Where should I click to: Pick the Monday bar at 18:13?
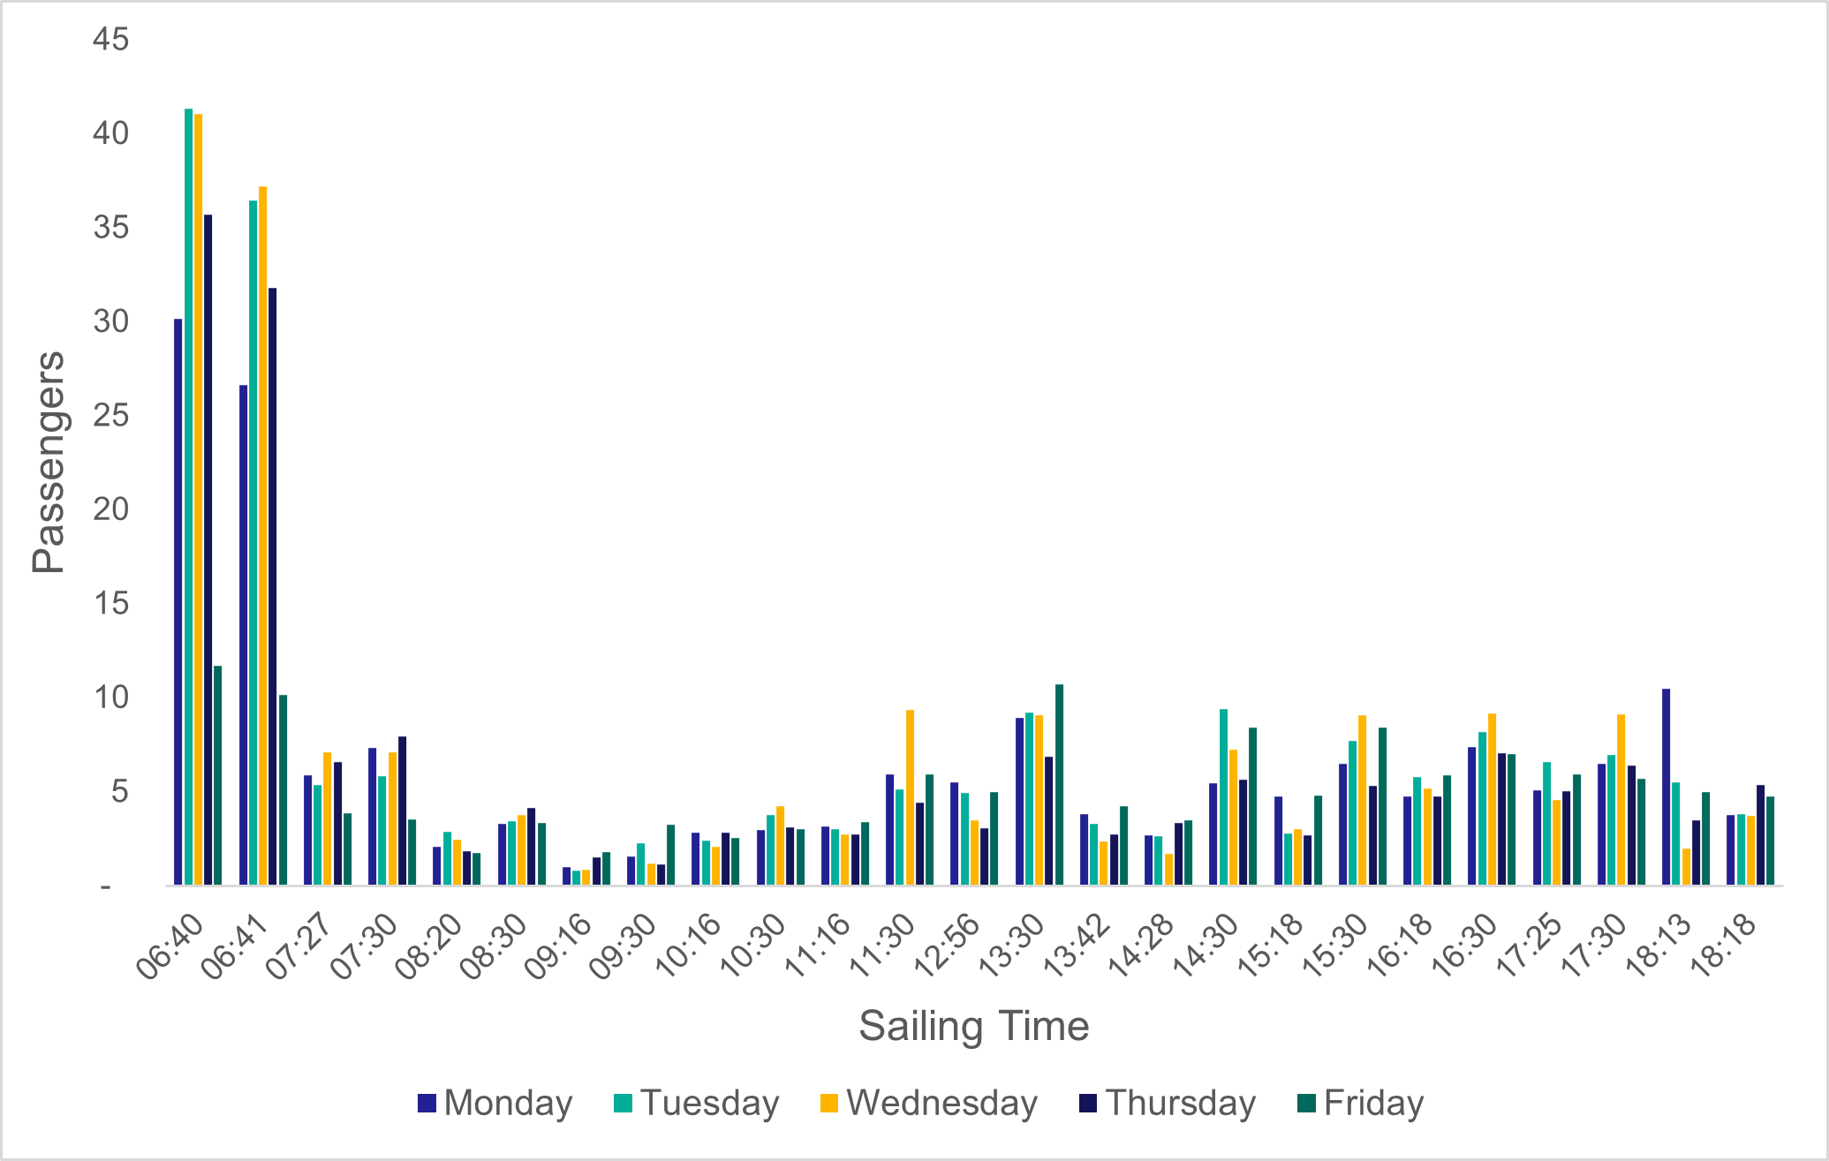(x=1666, y=787)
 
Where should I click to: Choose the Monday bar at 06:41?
(x=243, y=635)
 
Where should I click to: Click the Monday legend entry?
(x=495, y=1104)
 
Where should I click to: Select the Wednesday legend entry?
(x=928, y=1104)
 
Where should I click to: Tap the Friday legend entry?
(x=1360, y=1104)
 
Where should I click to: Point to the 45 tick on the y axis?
(x=110, y=40)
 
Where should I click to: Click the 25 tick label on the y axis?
(x=110, y=416)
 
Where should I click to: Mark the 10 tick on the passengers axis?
(x=110, y=697)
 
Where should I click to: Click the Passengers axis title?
(x=49, y=462)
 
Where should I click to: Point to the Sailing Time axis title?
(x=973, y=1027)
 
